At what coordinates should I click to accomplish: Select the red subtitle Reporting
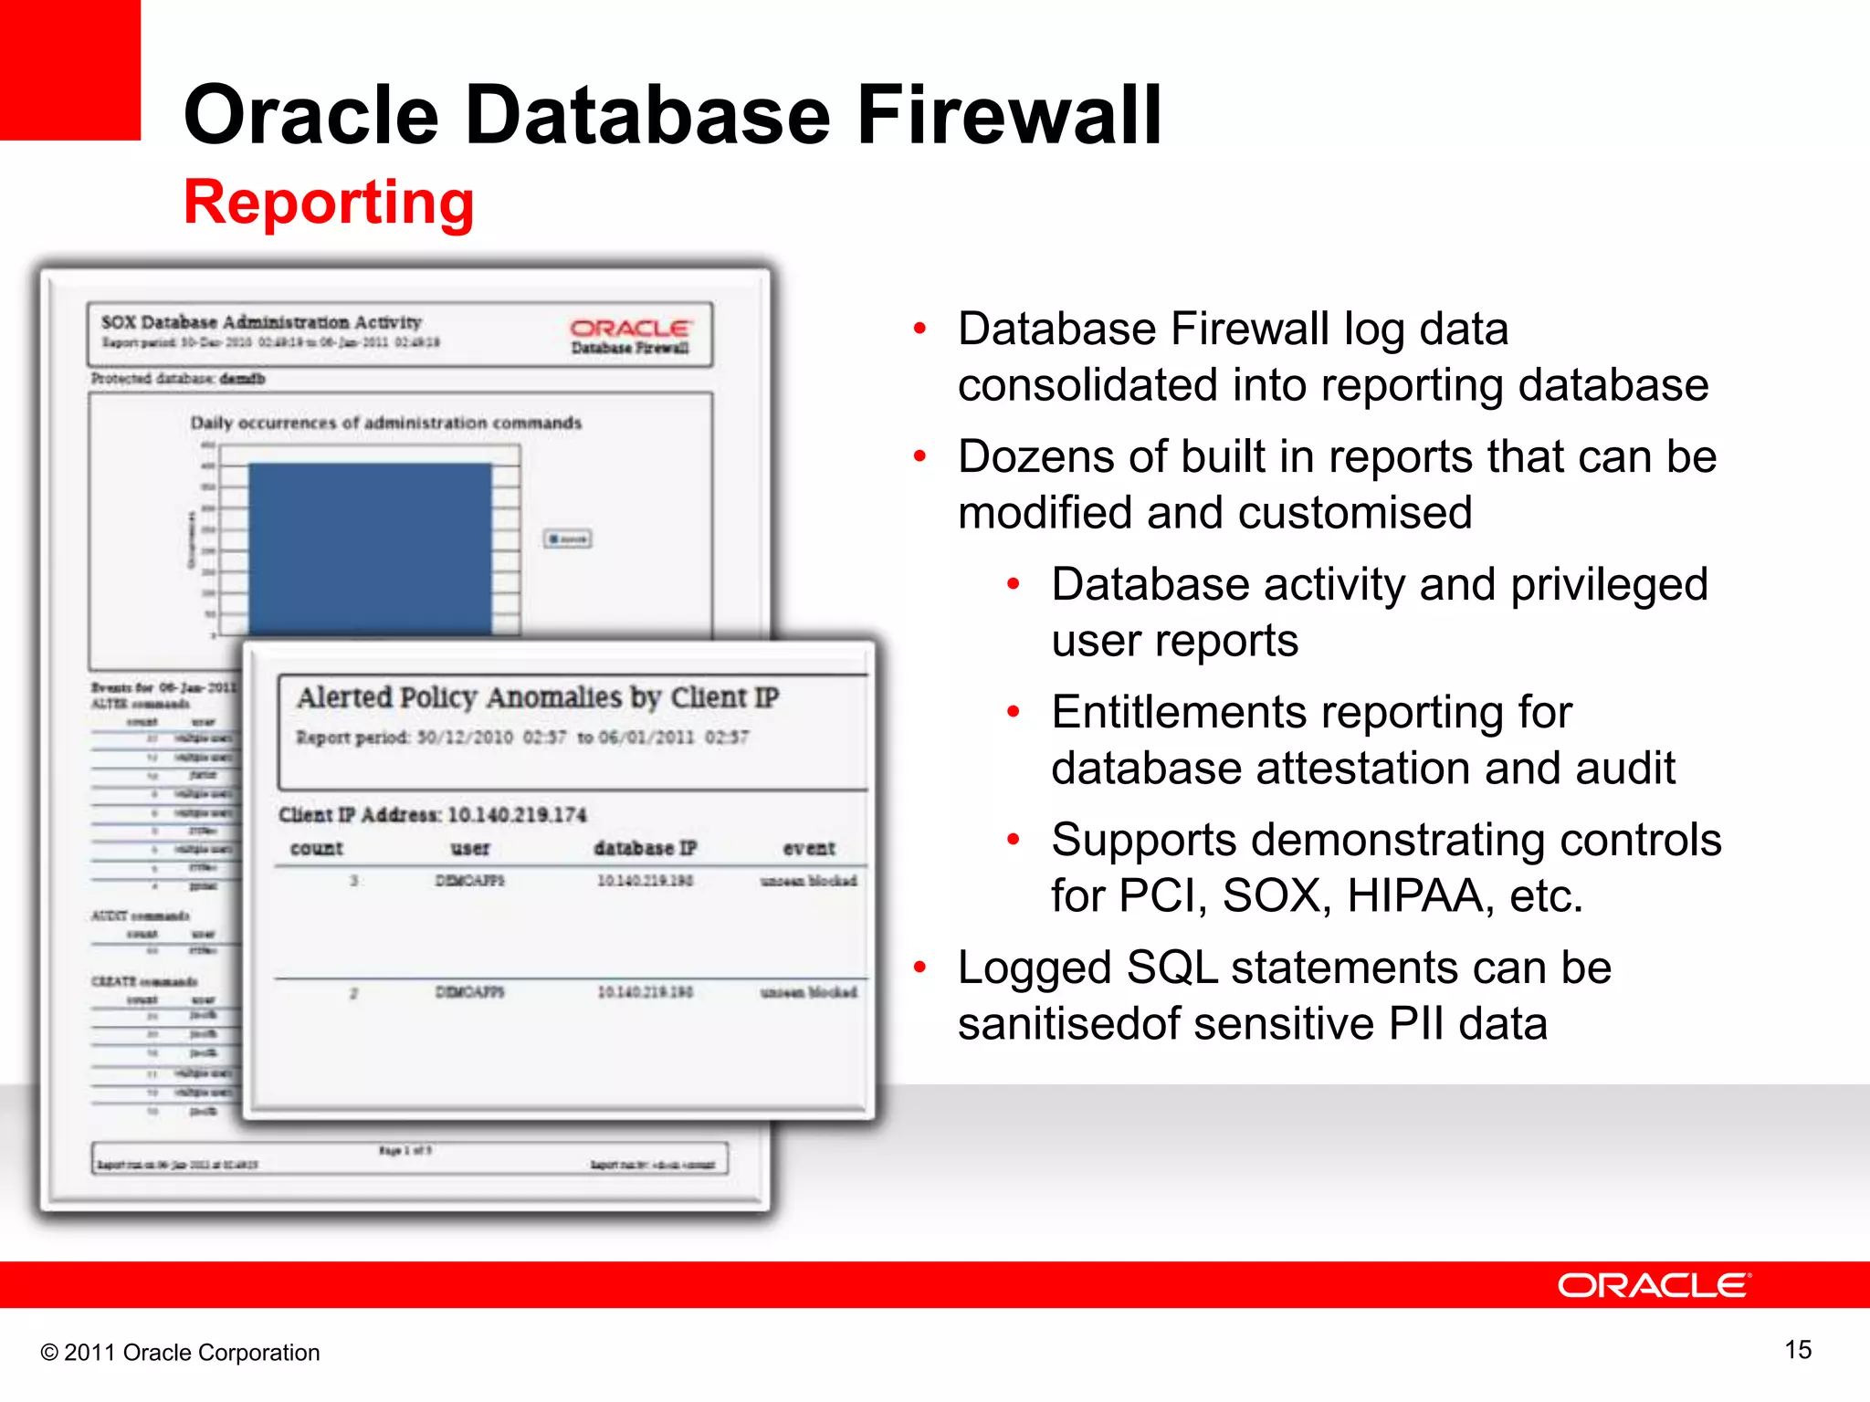329,202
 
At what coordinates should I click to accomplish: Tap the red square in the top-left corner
69,69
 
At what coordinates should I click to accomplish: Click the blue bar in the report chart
370,548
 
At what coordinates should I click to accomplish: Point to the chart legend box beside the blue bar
567,539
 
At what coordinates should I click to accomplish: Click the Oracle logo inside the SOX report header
630,335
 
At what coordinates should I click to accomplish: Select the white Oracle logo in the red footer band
1654,1285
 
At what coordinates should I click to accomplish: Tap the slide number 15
1797,1350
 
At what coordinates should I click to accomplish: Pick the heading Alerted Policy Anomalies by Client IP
538,697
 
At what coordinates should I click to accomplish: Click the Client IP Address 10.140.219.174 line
433,814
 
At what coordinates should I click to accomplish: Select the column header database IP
645,848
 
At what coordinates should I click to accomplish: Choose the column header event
809,848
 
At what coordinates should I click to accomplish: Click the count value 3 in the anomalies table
353,881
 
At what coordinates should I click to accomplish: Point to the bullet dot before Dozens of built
920,455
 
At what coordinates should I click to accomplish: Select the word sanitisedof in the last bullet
1067,1023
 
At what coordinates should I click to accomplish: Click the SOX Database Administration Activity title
261,322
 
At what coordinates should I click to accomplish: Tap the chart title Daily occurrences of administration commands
385,423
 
